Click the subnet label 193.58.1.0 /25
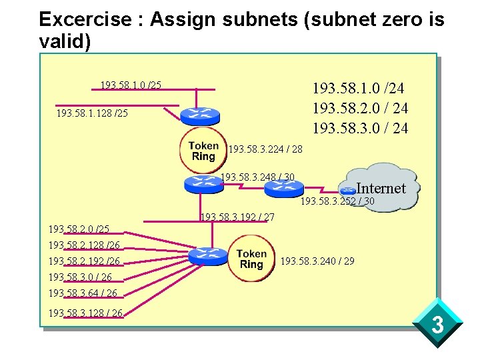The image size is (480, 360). [131, 85]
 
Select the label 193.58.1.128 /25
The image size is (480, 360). [92, 114]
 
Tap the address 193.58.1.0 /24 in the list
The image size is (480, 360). [359, 88]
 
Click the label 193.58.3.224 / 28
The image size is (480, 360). [265, 149]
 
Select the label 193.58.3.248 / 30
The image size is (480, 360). [257, 177]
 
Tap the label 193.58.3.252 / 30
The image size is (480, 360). [337, 201]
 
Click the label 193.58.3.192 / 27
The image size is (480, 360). [237, 217]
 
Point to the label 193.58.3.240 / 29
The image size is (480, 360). [317, 261]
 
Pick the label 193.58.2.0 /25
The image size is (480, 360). [79, 229]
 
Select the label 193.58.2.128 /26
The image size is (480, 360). [84, 245]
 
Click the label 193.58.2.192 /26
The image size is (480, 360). [84, 261]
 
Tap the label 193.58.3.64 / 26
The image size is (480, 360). [83, 293]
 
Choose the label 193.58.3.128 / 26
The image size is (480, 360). [85, 313]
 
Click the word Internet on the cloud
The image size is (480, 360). [381, 188]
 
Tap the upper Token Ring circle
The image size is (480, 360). [203, 151]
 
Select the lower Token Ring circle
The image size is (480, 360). [251, 259]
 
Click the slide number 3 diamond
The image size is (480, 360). [437, 325]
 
